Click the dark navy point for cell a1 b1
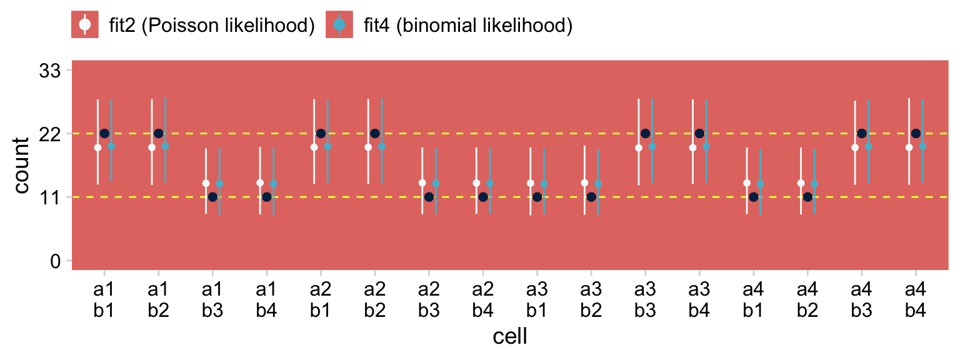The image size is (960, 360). pos(104,133)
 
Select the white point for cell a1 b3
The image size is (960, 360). pos(206,183)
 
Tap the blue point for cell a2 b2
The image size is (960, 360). pos(382,146)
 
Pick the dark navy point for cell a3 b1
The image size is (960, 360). pos(537,197)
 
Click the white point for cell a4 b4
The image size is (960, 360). pos(909,147)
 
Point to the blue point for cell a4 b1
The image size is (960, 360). pos(760,184)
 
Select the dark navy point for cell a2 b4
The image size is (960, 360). pos(483,197)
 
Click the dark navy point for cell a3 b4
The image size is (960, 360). pos(699,133)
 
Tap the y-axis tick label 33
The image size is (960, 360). pos(49,71)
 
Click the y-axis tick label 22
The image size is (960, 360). pos(49,134)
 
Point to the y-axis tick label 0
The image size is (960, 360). pos(55,261)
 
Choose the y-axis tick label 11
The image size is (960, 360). pos(49,197)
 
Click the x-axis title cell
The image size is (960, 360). pos(509,337)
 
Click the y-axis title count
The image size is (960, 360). pos(22,166)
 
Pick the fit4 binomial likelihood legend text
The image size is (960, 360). pos(467,26)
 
